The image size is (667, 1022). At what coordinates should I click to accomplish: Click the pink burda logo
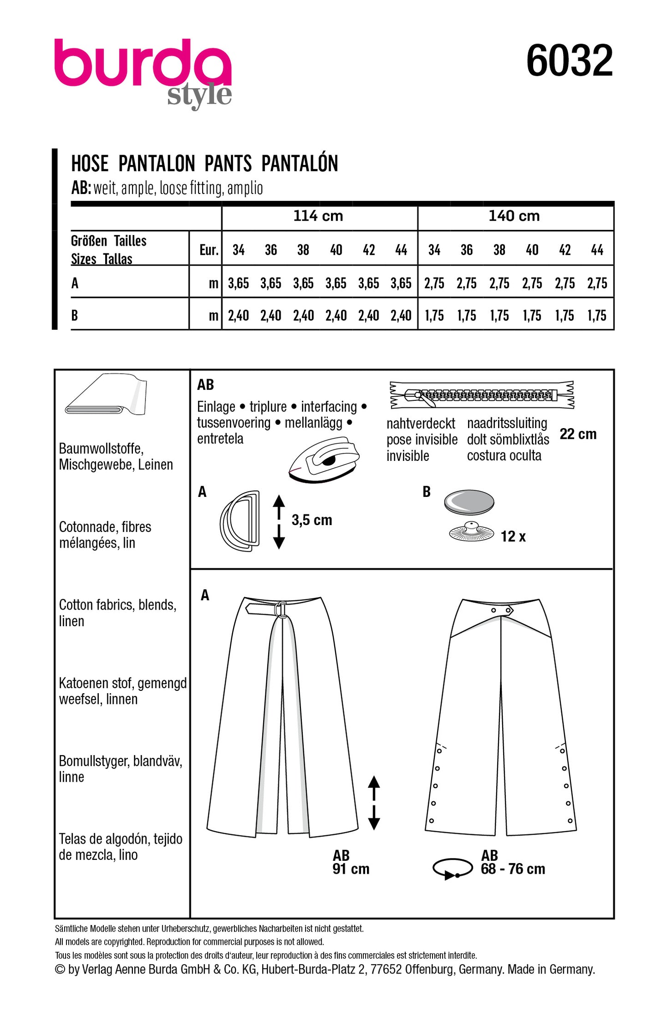pyautogui.click(x=143, y=65)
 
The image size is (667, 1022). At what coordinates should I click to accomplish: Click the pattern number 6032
pyautogui.click(x=569, y=61)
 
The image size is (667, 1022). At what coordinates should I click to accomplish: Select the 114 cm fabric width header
pyautogui.click(x=318, y=216)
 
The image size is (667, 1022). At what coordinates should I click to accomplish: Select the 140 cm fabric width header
pyautogui.click(x=514, y=216)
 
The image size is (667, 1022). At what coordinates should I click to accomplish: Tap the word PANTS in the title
pyautogui.click(x=228, y=163)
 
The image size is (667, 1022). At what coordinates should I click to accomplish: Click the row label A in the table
pyautogui.click(x=75, y=283)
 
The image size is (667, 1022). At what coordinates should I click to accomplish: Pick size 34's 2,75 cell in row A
pyautogui.click(x=434, y=283)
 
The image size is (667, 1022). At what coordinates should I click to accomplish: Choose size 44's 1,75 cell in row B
pyautogui.click(x=597, y=316)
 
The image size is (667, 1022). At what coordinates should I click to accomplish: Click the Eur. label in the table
pyautogui.click(x=209, y=250)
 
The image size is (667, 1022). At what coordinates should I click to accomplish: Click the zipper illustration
pyautogui.click(x=482, y=395)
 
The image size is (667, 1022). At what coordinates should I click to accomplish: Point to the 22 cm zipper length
pyautogui.click(x=578, y=434)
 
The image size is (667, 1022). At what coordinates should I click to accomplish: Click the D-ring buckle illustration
pyautogui.click(x=240, y=521)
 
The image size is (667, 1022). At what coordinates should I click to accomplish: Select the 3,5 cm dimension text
pyautogui.click(x=312, y=520)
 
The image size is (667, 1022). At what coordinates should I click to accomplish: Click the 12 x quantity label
pyautogui.click(x=513, y=537)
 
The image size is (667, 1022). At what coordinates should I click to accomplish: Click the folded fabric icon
pyautogui.click(x=107, y=395)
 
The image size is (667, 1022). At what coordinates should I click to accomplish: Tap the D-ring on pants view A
pyautogui.click(x=281, y=609)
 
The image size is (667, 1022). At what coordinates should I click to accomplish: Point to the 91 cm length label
pyautogui.click(x=351, y=869)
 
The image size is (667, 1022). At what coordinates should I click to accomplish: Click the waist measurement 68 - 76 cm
pyautogui.click(x=513, y=869)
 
